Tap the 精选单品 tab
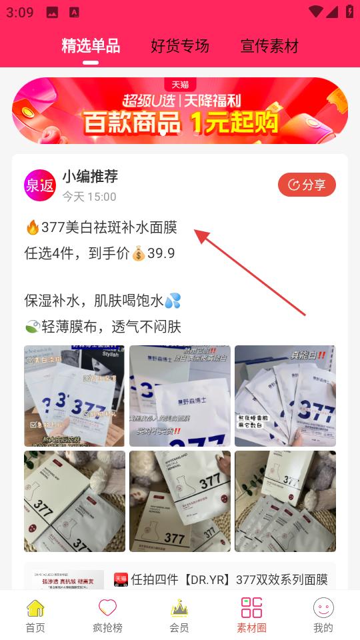pos(91,45)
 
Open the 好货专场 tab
pos(180,45)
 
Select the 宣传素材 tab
pos(269,45)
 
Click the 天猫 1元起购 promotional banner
pos(180,111)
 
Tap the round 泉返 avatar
pos(40,185)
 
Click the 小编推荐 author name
pos(90,177)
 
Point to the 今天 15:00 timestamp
pos(89,197)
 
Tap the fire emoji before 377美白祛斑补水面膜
pos(32,227)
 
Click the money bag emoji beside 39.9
pos(139,253)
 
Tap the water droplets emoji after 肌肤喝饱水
pos(173,301)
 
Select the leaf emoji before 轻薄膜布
pos(32,327)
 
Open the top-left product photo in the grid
pos(75,396)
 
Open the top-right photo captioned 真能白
pos(285,396)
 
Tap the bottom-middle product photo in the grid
pos(180,501)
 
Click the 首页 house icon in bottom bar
pos(35,607)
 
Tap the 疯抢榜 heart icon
pos(107,607)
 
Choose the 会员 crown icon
pos(179,607)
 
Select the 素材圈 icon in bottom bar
pos(251,607)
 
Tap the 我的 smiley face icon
pos(323,607)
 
